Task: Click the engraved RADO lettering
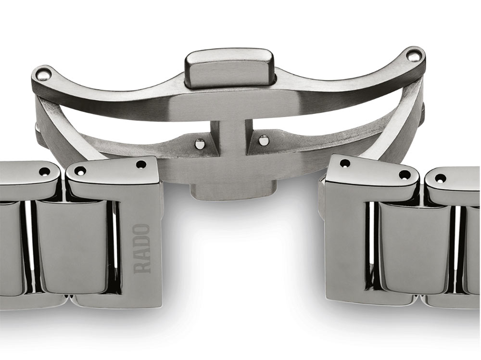pos(142,249)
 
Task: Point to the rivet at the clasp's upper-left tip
pos(42,74)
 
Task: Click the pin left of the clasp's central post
pos(200,143)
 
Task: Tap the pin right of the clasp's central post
pos(263,141)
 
